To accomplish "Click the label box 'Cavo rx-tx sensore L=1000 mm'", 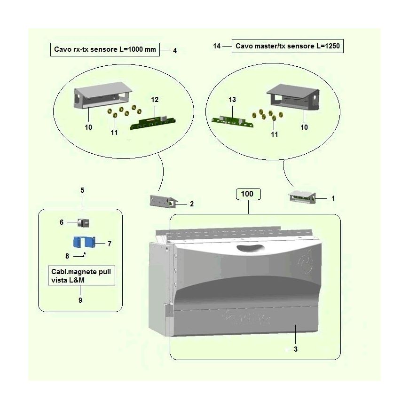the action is click(x=105, y=49).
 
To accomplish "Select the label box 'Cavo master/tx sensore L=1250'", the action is click(x=287, y=46).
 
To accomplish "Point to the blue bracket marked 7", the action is click(x=84, y=242).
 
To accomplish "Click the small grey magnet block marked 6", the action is click(x=84, y=223).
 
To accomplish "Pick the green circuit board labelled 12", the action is click(x=153, y=123).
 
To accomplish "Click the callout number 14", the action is click(x=217, y=46).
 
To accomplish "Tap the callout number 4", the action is click(x=175, y=51).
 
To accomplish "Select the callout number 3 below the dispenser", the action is click(x=296, y=349).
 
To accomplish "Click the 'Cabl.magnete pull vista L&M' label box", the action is click(x=81, y=275).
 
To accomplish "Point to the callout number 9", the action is click(x=80, y=300).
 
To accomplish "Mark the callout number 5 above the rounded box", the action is click(x=82, y=190).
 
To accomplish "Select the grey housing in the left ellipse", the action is click(x=102, y=95).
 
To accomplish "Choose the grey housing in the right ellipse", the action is click(x=293, y=97).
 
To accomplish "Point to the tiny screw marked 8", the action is click(x=84, y=255).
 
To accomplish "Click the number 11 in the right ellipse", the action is click(x=274, y=134).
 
